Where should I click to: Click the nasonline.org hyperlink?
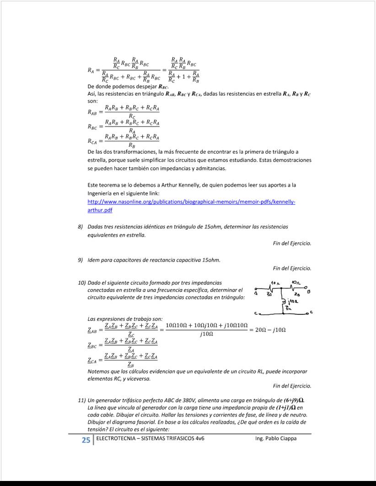pyautogui.click(x=191, y=202)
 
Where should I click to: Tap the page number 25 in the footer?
pyautogui.click(x=86, y=440)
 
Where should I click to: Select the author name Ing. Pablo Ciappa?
pyautogui.click(x=276, y=438)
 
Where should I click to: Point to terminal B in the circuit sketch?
pyautogui.click(x=310, y=291)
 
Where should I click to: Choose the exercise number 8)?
pyautogui.click(x=81, y=227)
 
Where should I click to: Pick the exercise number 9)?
pyautogui.click(x=81, y=260)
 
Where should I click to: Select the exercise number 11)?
pyautogui.click(x=82, y=400)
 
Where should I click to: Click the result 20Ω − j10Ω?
pyautogui.click(x=271, y=329)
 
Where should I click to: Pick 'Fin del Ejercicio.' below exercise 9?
pyautogui.click(x=292, y=268)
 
